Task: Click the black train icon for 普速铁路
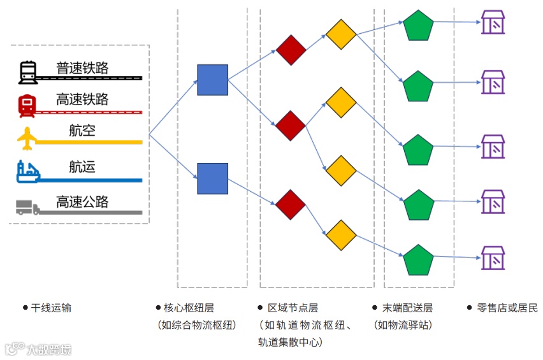27,72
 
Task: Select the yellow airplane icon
27,138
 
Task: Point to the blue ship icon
27,172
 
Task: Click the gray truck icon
27,207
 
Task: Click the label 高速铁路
82,99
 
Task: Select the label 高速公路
82,202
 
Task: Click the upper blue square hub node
212,80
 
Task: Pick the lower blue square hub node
212,178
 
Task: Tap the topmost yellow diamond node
341,34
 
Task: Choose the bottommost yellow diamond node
341,236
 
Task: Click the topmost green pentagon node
418,25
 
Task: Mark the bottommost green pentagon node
418,260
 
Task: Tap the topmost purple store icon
493,22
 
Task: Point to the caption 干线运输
51,308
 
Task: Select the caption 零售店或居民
507,308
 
